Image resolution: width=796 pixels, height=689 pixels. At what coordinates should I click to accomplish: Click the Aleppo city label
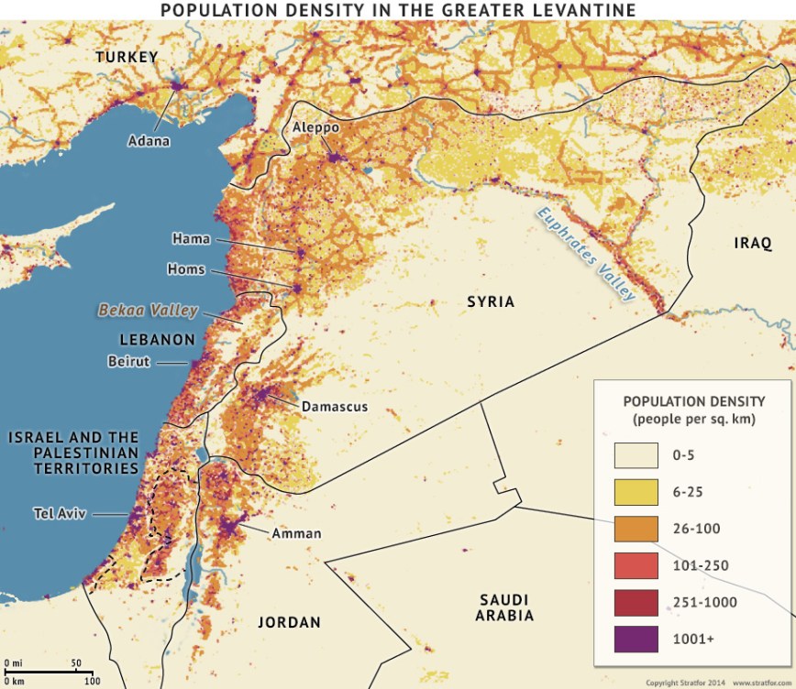(x=315, y=127)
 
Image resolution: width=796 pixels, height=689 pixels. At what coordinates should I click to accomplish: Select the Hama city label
(x=191, y=239)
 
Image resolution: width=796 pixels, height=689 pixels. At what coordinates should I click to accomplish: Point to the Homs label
(x=186, y=269)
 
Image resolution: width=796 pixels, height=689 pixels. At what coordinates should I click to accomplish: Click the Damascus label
(x=334, y=406)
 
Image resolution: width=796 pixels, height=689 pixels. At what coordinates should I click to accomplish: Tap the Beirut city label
(x=127, y=362)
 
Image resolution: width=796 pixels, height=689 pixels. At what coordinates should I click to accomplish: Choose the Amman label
(x=296, y=532)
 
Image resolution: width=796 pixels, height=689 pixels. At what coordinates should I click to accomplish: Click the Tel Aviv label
(x=59, y=513)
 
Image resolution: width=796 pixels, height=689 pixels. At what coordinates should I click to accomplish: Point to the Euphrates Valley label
(x=586, y=254)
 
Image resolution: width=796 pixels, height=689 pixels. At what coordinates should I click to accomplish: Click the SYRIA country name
(x=491, y=301)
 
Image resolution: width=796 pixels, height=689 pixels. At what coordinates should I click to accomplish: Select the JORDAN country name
(x=289, y=623)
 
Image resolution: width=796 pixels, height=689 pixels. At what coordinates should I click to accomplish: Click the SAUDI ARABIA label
(x=504, y=607)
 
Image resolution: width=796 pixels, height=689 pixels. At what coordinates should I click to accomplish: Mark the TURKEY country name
(x=127, y=57)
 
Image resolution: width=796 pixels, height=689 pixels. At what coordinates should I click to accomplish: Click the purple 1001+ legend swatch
(x=636, y=639)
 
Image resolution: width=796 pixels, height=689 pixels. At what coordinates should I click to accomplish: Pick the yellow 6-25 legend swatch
(x=636, y=492)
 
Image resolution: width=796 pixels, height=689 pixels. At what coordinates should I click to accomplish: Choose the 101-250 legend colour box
(x=636, y=565)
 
